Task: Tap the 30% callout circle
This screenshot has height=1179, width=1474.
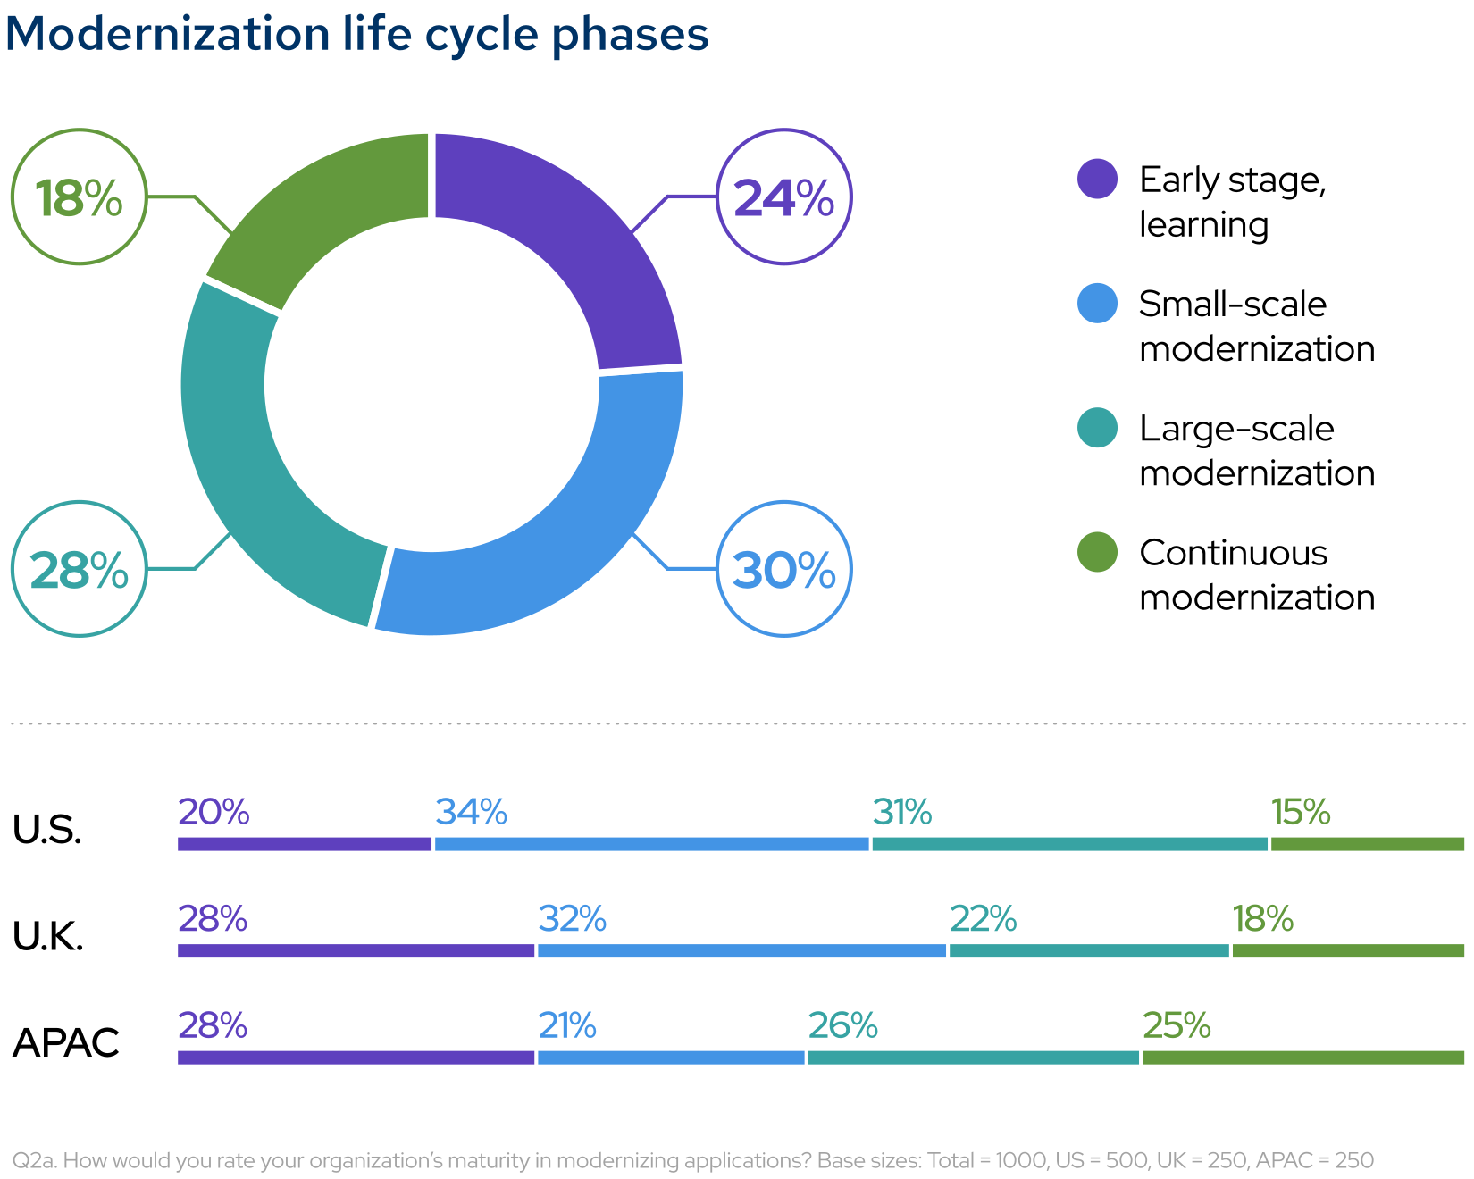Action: tap(783, 569)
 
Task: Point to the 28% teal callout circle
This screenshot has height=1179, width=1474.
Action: tap(80, 569)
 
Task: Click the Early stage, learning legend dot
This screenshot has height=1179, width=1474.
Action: tap(1097, 179)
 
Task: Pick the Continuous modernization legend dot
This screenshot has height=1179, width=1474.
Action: tap(1097, 552)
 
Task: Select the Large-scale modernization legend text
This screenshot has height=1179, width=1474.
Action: tap(1255, 450)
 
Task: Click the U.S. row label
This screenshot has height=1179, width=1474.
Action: tap(47, 830)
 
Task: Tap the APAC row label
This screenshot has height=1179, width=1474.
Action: tap(66, 1042)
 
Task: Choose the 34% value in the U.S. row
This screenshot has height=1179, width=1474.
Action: tap(471, 812)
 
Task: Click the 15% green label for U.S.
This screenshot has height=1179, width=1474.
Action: tap(1301, 812)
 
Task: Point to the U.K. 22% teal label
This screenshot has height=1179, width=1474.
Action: tap(983, 918)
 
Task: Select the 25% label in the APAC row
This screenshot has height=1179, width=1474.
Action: tap(1177, 1025)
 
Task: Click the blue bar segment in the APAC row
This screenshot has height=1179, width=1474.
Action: tap(671, 1058)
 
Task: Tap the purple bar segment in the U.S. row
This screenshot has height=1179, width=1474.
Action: tap(304, 844)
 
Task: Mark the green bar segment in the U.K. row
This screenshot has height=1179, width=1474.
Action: tap(1347, 951)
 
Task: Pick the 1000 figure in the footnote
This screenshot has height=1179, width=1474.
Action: tap(1020, 1160)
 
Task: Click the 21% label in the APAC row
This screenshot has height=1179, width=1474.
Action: tap(567, 1025)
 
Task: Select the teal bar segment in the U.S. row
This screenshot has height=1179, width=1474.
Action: tap(1069, 844)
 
